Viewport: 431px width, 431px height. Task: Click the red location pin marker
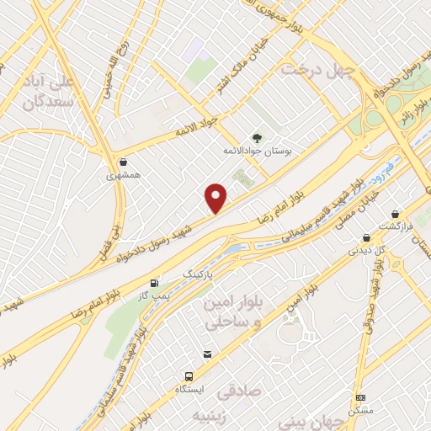point(217,197)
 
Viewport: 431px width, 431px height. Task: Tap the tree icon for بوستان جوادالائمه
point(257,137)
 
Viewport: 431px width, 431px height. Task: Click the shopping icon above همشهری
point(124,162)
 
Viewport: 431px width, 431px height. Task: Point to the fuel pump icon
point(153,283)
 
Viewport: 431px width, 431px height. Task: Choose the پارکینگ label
point(200,275)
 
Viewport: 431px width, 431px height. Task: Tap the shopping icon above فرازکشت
point(395,215)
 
